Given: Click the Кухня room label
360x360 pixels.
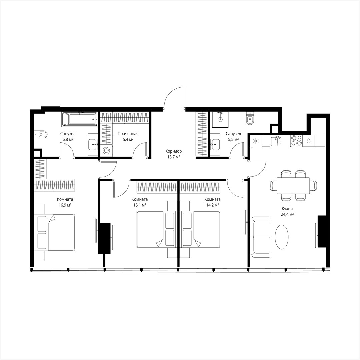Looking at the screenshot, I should pos(287,209).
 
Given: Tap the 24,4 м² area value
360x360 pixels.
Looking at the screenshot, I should pos(287,215).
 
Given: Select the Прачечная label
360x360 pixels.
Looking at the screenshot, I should pos(128,134).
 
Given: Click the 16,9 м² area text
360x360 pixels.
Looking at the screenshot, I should pos(65,205).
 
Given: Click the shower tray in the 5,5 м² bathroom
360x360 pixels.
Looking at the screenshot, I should pos(220,119).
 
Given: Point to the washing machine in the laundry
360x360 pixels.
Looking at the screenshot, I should pos(107,150).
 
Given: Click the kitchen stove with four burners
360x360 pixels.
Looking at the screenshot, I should pos(296,140).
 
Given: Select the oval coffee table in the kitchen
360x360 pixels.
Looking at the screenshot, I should pos(282,236).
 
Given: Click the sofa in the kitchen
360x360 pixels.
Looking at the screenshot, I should pos(261,237).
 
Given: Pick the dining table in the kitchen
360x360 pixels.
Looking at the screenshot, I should pos(293,185).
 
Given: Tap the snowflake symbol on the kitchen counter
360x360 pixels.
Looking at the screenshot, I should pos(256,141).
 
